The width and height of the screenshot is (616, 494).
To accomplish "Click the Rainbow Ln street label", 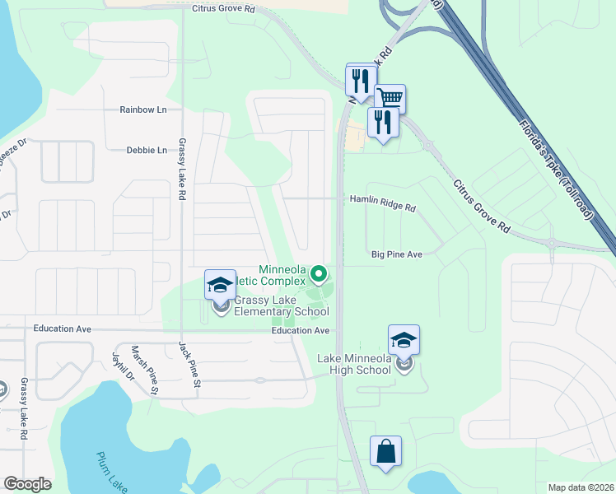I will pos(142,110).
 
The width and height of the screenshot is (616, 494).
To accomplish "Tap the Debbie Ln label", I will pos(147,151).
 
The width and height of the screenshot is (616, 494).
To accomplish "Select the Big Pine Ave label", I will pos(396,255).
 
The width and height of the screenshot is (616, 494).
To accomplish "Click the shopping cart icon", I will pos(390,98).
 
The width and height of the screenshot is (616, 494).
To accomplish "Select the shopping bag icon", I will pos(385,450).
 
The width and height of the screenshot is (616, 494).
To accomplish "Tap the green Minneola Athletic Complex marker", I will pos(317,272).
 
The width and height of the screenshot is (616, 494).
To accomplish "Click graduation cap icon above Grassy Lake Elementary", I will pos(220,285).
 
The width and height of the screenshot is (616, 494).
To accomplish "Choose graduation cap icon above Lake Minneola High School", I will pos(404,339).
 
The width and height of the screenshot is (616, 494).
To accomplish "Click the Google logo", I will pos(27,484).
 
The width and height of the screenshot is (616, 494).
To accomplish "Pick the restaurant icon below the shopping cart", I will pos(383,121).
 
